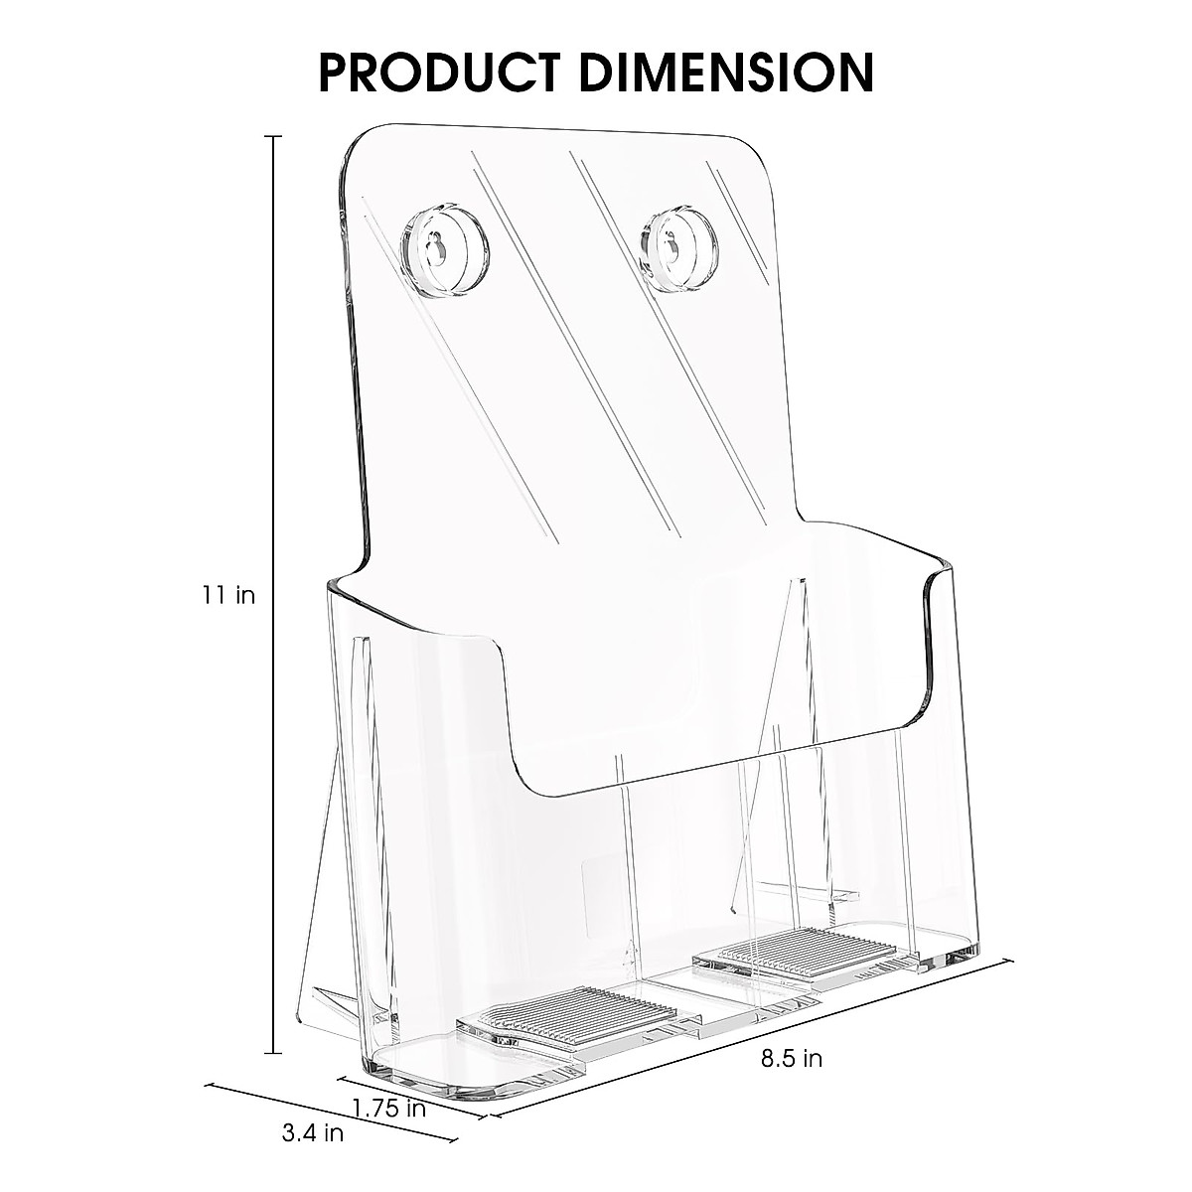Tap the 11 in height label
tap(229, 596)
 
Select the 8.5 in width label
tap(792, 1059)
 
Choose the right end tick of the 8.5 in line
tap(1011, 960)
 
